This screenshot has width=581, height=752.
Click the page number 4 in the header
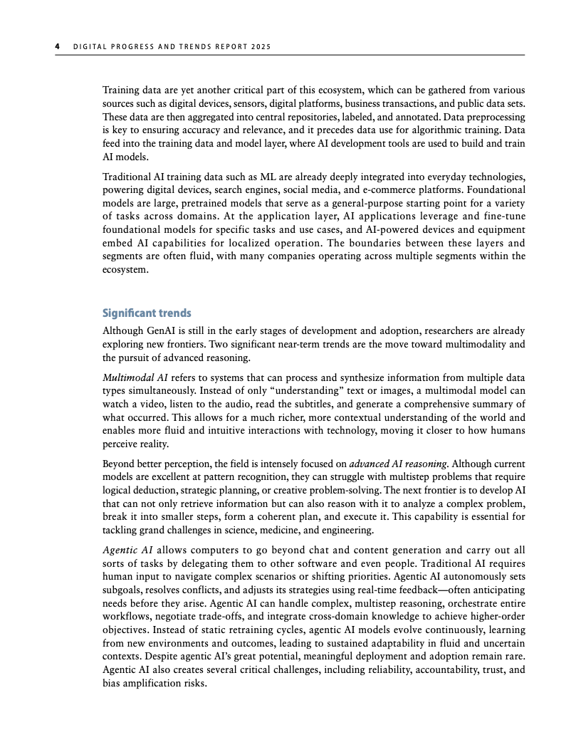point(58,48)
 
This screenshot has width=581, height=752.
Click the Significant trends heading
point(147,313)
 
